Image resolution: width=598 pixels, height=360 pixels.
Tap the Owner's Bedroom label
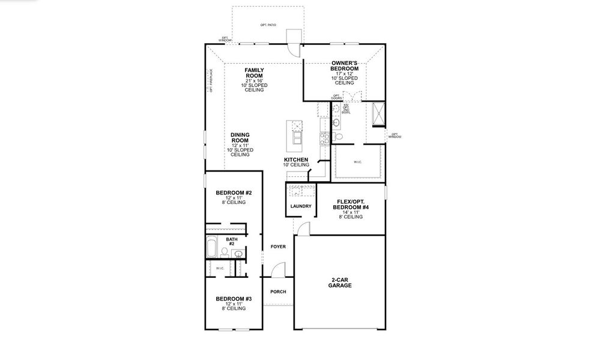click(x=345, y=66)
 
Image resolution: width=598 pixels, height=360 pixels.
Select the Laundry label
click(x=300, y=206)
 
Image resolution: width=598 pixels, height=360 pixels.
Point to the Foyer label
click(x=277, y=247)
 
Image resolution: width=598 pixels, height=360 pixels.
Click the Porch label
click(x=278, y=292)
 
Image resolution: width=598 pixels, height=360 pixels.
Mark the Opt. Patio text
click(x=268, y=25)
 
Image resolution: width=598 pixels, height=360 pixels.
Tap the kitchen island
click(x=295, y=136)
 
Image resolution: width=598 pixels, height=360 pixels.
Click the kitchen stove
click(x=324, y=137)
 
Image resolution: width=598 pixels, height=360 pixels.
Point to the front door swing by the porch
click(x=277, y=270)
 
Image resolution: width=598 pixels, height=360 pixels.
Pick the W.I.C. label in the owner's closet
click(x=357, y=162)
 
